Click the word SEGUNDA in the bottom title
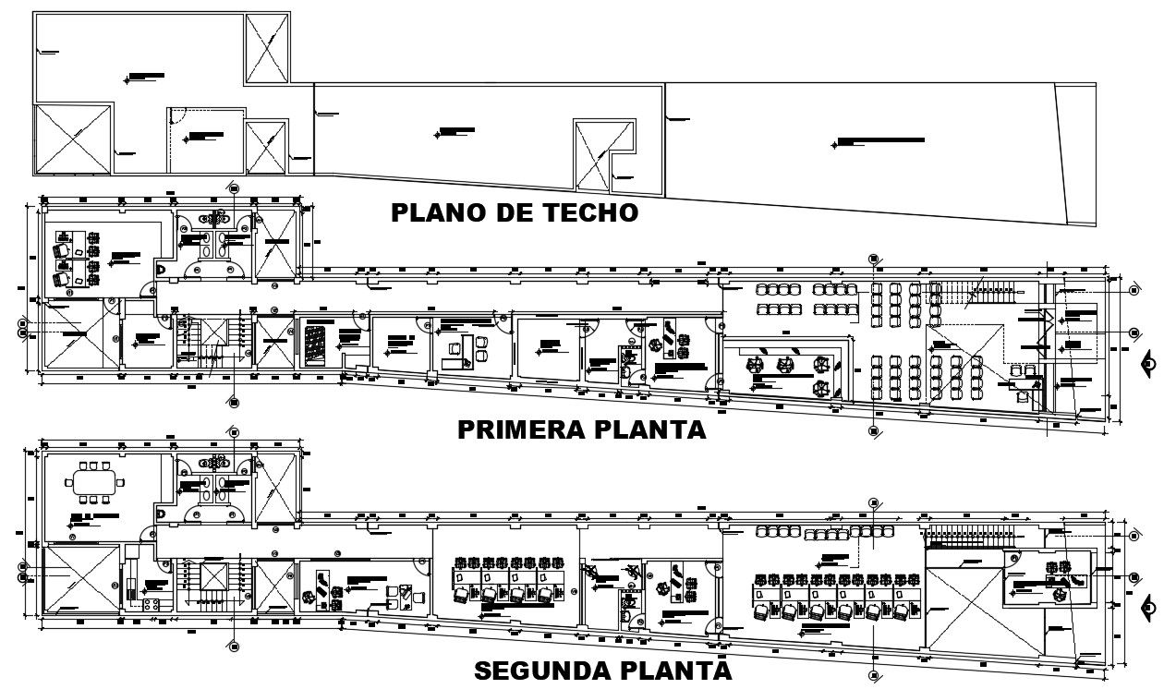[550, 671]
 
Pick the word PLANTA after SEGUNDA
[682, 671]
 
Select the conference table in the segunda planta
[94, 481]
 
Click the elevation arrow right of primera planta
[1148, 363]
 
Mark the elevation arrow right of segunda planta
[1148, 607]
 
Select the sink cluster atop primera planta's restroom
[219, 219]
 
